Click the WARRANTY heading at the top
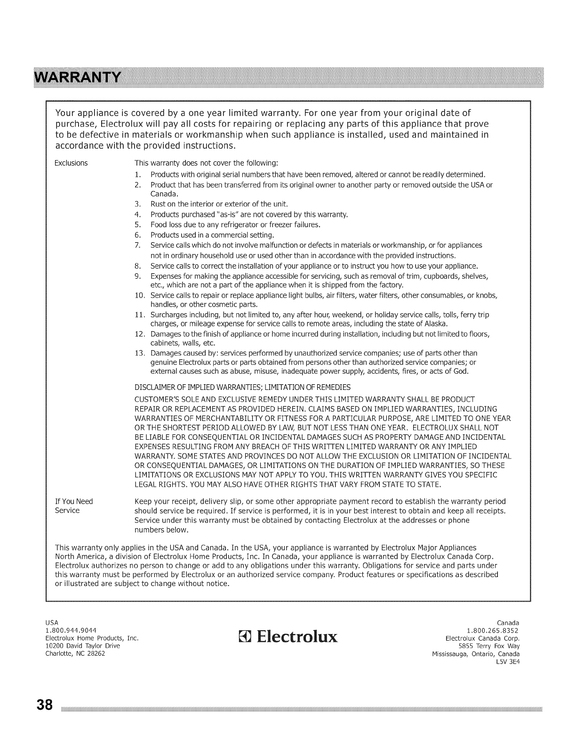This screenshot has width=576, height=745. pos(63,77)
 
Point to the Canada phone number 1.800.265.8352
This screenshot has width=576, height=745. pos(493,630)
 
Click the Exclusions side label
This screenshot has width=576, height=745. pos(72,163)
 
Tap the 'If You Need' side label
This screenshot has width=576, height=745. pos(74,501)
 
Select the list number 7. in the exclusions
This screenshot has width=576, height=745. pos(138,246)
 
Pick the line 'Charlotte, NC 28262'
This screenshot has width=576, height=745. pos(75,654)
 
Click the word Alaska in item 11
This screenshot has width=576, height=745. pos(436,324)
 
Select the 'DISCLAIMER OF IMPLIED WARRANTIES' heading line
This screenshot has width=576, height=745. pos(242,388)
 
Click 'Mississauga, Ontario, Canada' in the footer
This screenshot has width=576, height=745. pos(476,654)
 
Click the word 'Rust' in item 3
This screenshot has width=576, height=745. pos(157,204)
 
